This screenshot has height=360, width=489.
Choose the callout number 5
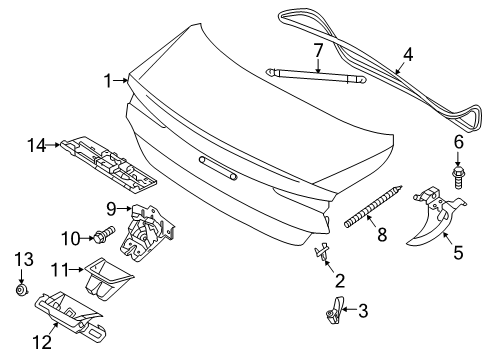tap(458, 253)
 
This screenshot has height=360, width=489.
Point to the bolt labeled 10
tap(104, 236)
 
